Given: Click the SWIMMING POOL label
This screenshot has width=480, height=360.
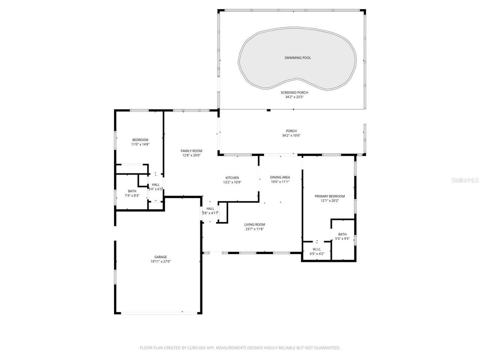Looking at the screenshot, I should tap(297, 58).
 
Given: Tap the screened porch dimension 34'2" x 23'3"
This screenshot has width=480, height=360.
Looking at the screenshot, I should tap(294, 97).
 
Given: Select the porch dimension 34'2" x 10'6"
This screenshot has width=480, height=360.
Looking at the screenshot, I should tap(291, 135).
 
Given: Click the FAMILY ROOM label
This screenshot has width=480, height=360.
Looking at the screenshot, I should tap(191, 151).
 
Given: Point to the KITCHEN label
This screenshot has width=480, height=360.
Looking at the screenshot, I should tap(232, 178).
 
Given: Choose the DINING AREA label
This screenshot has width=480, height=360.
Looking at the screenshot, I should tap(280, 177).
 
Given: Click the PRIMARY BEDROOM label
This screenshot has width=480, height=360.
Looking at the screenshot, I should tap(330, 196).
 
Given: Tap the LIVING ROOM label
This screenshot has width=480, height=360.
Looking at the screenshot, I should tap(255, 225).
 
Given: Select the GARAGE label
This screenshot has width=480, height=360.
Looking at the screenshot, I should tap(161, 257).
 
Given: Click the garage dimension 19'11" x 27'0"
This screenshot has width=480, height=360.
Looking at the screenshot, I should tap(161, 261).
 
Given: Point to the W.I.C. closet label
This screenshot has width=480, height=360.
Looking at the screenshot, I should tap(317, 249).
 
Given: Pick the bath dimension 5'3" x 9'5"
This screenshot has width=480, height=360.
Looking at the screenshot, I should tap(342, 238).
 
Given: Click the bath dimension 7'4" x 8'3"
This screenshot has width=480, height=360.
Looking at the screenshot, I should tap(132, 195).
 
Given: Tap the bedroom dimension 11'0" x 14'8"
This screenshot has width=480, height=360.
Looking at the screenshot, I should tap(140, 144).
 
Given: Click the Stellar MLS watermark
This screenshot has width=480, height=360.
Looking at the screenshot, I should tap(465, 180).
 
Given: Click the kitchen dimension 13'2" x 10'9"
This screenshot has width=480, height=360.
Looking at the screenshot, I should tap(232, 182).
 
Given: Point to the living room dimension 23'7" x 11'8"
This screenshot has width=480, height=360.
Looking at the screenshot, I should tap(255, 229).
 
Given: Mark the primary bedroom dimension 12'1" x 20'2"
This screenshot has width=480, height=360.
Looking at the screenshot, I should tap(330, 201).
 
